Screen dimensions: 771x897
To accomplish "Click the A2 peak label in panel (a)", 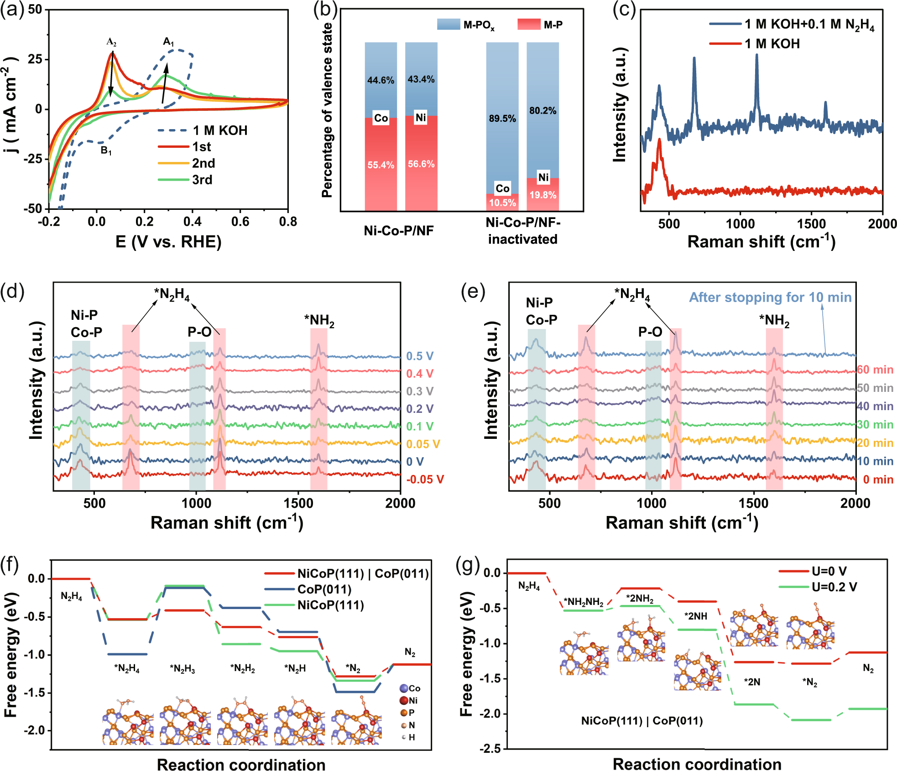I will point(111,42).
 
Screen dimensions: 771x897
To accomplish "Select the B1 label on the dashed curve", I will point(106,150).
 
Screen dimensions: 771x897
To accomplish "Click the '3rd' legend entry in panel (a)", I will point(202,180).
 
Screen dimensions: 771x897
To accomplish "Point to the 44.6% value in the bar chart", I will point(381,80).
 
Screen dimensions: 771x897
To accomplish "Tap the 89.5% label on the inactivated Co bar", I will point(502,119).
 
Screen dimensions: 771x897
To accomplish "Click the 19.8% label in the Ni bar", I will point(542,195).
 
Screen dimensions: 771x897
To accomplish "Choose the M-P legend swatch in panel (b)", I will point(529,24).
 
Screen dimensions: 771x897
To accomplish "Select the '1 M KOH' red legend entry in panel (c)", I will point(772,44).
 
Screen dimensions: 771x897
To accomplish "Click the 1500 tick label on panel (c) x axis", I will point(811,224).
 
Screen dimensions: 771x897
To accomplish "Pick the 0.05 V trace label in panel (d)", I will point(423,444).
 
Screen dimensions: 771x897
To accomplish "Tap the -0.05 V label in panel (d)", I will point(425,479).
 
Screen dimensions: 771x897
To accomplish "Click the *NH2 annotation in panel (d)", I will point(319,321).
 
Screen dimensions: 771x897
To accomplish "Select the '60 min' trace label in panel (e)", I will point(875,370).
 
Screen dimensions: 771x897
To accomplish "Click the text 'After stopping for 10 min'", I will point(770,297).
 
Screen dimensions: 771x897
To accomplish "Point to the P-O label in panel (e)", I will point(650,332).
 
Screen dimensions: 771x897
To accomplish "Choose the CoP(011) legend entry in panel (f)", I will point(324,589).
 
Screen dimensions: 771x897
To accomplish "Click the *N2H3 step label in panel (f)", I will point(183,669).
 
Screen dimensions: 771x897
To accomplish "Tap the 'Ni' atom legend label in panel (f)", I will point(413,700).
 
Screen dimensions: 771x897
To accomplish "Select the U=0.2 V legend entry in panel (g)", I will point(834,587).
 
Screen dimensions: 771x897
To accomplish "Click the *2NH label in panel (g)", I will point(695,616).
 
